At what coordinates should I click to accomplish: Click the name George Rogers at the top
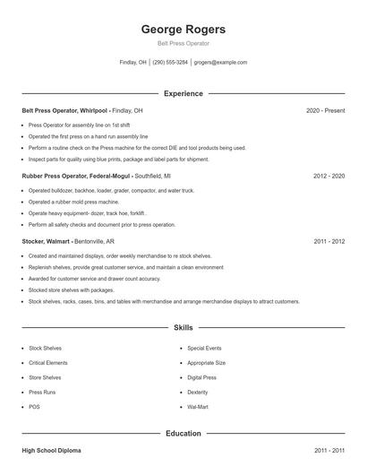tap(183, 30)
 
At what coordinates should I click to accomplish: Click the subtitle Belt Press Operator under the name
tap(183, 44)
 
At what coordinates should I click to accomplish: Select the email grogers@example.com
tap(221, 63)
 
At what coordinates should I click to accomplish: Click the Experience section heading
tap(183, 93)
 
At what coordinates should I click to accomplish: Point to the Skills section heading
tap(183, 329)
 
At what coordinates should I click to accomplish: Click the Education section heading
tap(183, 434)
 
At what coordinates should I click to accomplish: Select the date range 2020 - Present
tap(325, 110)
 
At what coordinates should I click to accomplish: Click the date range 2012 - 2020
tap(329, 177)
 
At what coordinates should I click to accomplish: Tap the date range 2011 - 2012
tap(329, 242)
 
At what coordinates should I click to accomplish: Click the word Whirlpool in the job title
tap(94, 110)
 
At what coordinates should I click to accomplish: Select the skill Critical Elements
tap(49, 363)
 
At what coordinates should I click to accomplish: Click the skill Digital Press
tap(203, 377)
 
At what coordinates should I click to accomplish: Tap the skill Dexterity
tap(198, 393)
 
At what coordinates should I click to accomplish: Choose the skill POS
tap(34, 408)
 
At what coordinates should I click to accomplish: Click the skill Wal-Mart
tap(198, 408)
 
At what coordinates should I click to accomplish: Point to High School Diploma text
tap(52, 449)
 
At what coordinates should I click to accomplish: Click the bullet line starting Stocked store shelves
tap(72, 290)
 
